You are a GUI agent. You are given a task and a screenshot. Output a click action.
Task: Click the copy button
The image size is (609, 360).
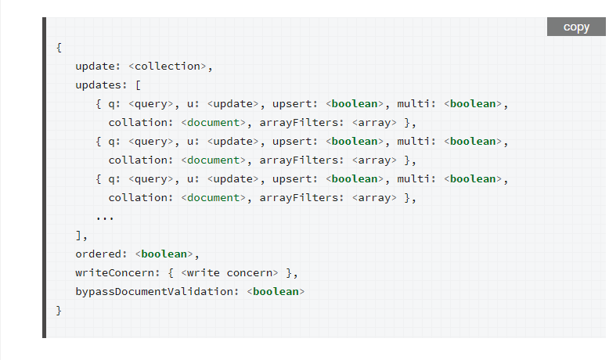pos(576,27)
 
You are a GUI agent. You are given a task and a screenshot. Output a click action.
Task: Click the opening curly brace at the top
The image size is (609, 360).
pos(59,47)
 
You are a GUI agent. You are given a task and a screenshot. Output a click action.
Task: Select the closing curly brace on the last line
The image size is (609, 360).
pos(59,310)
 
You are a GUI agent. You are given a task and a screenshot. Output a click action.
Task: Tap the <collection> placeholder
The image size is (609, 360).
pos(168,66)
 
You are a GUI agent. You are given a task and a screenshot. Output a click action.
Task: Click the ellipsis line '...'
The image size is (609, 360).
pos(105,216)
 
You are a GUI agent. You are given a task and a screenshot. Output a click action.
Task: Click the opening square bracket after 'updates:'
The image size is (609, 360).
pos(138,85)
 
